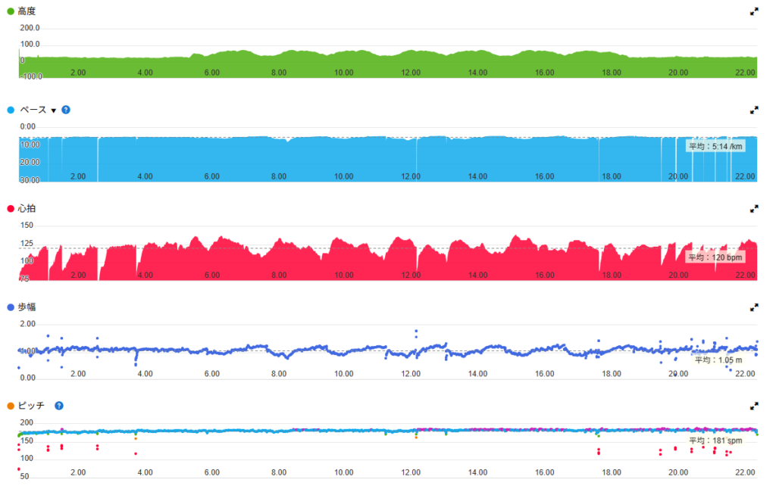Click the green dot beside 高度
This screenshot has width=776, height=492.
(x=10, y=11)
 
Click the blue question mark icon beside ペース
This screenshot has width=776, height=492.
(x=66, y=110)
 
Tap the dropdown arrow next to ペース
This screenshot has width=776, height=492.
(x=54, y=111)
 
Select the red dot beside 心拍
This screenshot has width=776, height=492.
(x=10, y=208)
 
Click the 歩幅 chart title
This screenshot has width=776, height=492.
(x=27, y=307)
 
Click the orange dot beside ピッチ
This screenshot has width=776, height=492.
(x=10, y=406)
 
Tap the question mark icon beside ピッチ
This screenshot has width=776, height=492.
(x=58, y=406)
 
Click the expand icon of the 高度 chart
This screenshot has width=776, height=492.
(x=754, y=11)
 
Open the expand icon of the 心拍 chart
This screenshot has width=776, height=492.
(x=754, y=208)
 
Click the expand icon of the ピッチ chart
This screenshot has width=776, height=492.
(x=754, y=406)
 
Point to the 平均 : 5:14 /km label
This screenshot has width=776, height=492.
(x=715, y=147)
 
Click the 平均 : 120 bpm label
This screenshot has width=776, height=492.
(x=715, y=257)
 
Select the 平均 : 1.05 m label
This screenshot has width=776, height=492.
(x=716, y=360)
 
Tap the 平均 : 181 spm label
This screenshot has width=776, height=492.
(x=715, y=440)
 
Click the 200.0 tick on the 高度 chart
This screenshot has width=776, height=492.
(x=31, y=27)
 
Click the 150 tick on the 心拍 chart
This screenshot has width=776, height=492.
(x=27, y=226)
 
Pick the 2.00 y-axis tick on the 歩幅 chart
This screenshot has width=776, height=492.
(x=28, y=324)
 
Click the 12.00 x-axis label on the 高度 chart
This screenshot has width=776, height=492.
(x=411, y=73)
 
